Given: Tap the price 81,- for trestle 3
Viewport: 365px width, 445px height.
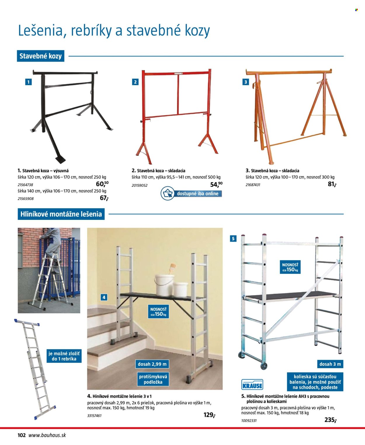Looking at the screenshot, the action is (x=332, y=184).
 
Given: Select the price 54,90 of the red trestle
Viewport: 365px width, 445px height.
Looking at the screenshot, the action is (x=216, y=185).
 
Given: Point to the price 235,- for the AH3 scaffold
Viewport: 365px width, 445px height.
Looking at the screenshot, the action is (x=331, y=420).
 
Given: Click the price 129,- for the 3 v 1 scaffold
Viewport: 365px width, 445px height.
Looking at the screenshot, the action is (x=209, y=415).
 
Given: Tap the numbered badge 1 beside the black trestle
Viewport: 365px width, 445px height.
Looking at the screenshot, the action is (x=28, y=82).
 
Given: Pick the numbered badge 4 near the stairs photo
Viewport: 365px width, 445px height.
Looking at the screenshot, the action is (x=104, y=298).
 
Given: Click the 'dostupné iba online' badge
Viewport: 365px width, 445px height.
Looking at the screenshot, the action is (x=191, y=193).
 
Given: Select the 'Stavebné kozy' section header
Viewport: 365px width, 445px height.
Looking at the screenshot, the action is (x=41, y=56).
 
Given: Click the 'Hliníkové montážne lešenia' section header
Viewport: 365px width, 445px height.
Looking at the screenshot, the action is (x=61, y=214).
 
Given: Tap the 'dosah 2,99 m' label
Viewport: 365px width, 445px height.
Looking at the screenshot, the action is (x=152, y=364).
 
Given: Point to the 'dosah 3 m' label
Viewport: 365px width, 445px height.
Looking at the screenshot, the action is (x=330, y=364).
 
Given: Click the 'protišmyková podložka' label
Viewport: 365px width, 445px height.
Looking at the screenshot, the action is (x=153, y=379).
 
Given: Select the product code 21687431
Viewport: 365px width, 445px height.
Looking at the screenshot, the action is (x=253, y=185).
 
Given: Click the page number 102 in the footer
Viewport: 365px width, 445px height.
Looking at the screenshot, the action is (x=22, y=435).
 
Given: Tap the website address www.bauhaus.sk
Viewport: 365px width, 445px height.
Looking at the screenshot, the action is (x=47, y=435).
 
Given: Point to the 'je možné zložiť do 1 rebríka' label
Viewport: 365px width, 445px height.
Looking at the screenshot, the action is (x=64, y=356).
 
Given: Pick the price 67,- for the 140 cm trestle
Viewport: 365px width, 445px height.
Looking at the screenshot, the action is (x=104, y=198).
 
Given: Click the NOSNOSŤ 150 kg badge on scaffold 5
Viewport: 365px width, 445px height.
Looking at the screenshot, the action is (x=290, y=267).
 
